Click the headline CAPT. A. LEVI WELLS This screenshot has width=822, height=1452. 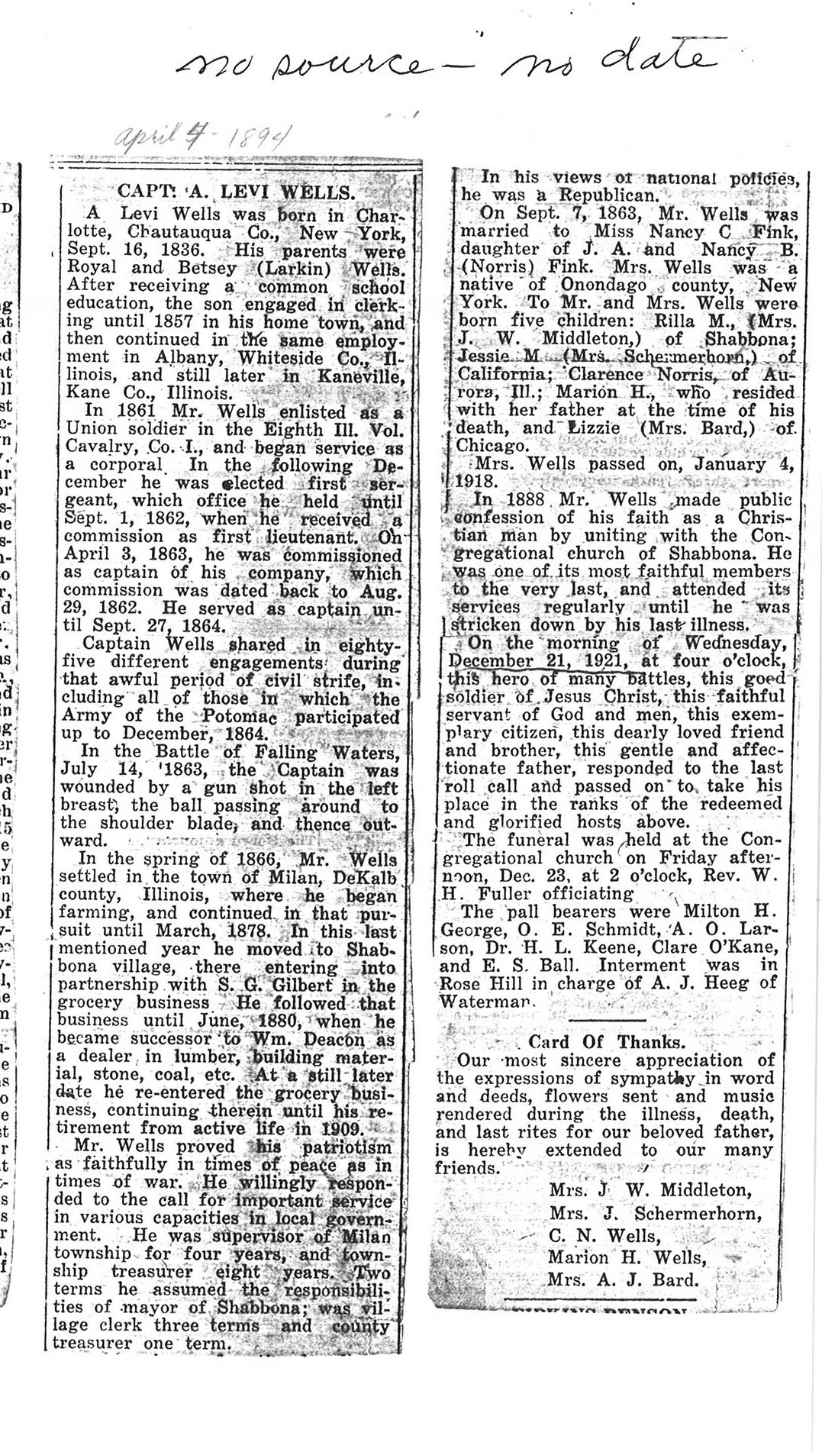236,192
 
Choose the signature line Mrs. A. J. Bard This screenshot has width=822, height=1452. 622,1280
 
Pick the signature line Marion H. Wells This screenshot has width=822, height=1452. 627,1257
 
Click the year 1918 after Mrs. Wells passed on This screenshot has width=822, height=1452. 475,482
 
